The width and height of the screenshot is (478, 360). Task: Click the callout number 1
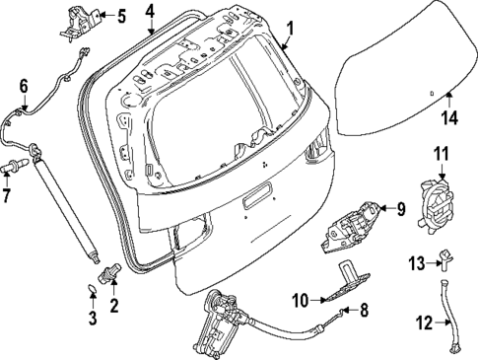coord(290,29)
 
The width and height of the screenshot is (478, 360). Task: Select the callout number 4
coord(150,12)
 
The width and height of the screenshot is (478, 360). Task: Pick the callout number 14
coord(449,118)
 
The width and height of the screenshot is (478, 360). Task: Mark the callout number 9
coord(400,208)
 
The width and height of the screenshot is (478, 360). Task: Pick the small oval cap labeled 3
coord(92,291)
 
